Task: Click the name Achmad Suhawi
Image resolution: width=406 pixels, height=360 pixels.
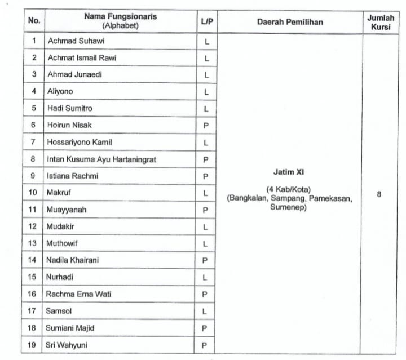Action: (x=76, y=41)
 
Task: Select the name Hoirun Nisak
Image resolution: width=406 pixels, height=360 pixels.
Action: (x=69, y=125)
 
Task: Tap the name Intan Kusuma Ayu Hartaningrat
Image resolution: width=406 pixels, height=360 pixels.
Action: (x=101, y=159)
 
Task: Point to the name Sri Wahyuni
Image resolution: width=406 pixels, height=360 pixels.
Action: (x=68, y=345)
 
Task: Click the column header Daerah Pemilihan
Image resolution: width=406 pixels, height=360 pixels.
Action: (x=290, y=23)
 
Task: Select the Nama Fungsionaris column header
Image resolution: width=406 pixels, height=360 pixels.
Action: (x=121, y=21)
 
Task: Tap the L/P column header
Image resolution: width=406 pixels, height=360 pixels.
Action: (x=206, y=22)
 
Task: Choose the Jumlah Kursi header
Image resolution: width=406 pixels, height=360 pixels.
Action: (x=381, y=22)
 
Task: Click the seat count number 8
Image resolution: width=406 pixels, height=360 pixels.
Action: (x=379, y=194)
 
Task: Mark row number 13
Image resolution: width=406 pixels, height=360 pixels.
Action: (x=33, y=243)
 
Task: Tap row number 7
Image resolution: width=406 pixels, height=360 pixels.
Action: (x=34, y=142)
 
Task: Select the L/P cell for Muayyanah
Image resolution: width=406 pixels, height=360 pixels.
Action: (x=206, y=210)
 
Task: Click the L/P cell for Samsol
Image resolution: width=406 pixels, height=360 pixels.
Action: (x=206, y=312)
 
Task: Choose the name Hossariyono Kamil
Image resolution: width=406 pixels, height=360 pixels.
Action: (x=80, y=143)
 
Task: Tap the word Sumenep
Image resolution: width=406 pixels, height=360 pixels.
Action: (x=290, y=207)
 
